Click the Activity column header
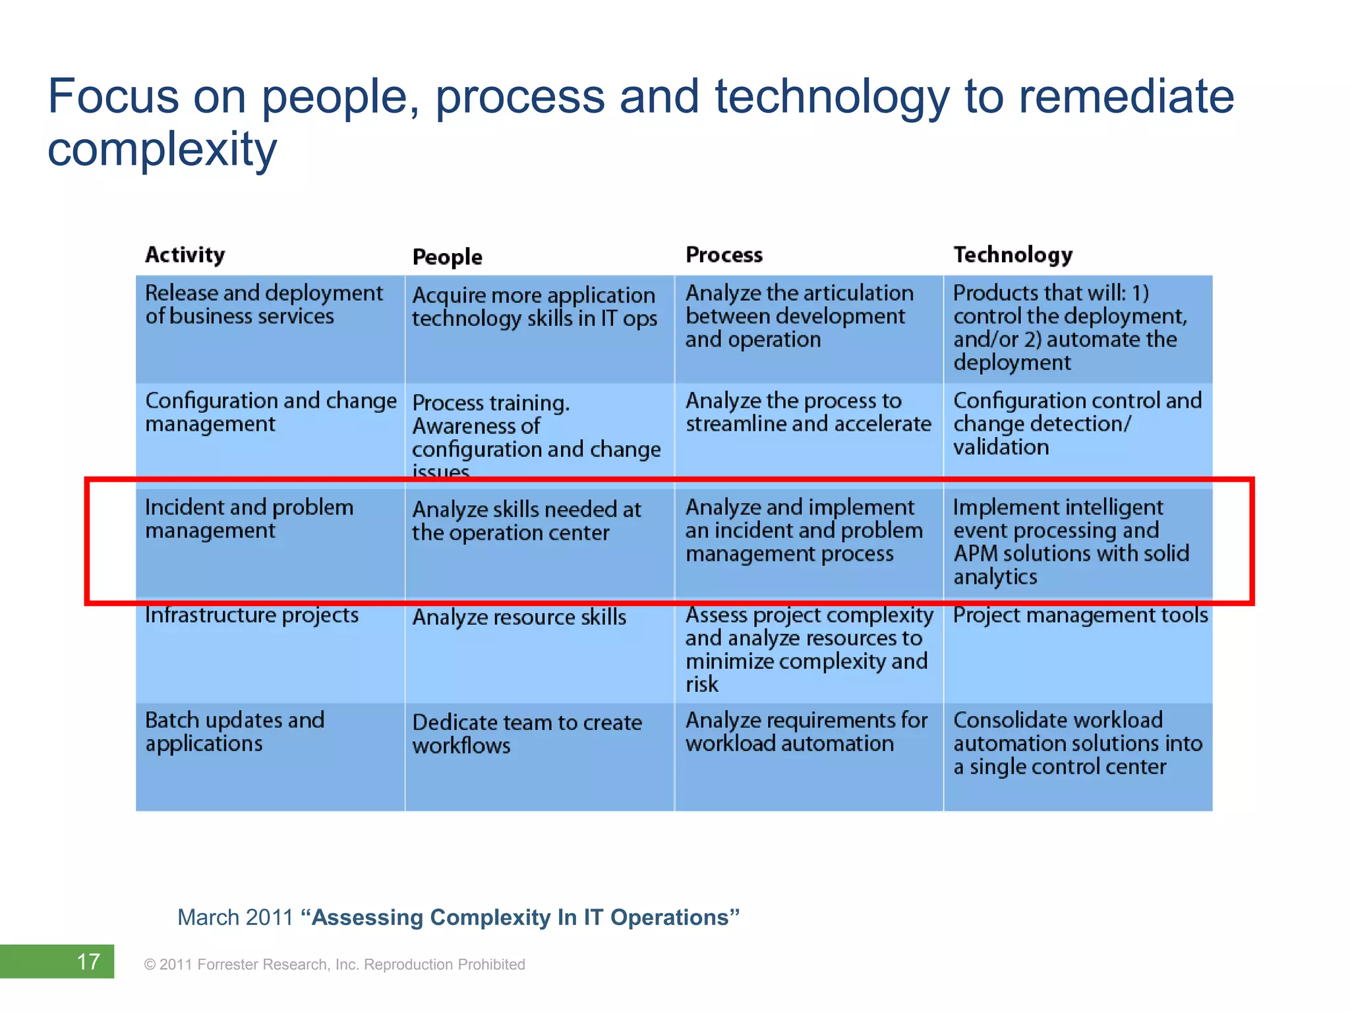185,255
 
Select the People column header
447,257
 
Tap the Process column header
724,255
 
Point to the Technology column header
1012,255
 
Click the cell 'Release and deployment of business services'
264,305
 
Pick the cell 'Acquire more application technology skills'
535,307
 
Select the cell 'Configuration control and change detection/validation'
1077,424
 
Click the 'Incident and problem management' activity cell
249,519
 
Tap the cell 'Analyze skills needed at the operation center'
526,521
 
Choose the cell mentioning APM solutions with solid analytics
1071,542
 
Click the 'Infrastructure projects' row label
252,615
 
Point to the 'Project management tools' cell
1080,615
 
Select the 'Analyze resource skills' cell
519,617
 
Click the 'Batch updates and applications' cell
235,732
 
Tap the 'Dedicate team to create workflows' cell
527,734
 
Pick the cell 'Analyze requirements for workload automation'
806,732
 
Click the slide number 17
88,962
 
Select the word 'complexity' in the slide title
162,149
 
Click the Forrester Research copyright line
335,965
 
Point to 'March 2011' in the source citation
235,917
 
